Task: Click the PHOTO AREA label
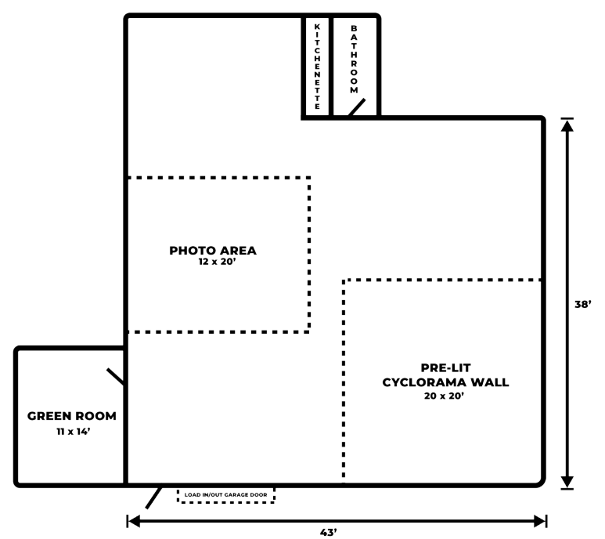(x=213, y=251)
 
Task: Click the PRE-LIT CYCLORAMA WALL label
(x=445, y=374)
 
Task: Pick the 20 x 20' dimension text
(x=445, y=396)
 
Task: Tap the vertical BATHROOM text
(x=354, y=60)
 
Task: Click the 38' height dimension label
(x=583, y=304)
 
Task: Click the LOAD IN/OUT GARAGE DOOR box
(x=225, y=495)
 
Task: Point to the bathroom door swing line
(x=356, y=107)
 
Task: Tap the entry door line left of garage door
(x=154, y=497)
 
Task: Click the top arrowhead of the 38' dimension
(x=567, y=125)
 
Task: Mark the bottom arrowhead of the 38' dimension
(x=567, y=482)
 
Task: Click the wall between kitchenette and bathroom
(x=331, y=67)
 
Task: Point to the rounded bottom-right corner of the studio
(x=540, y=481)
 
